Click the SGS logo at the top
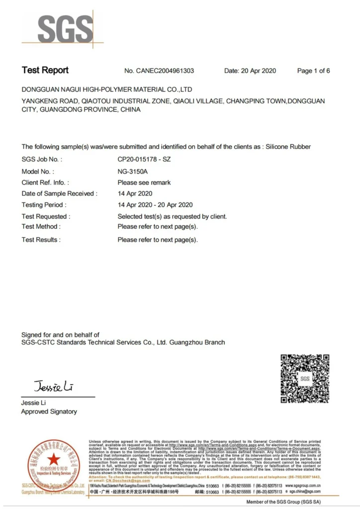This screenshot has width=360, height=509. tap(65, 29)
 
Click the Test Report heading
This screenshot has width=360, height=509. tap(45, 71)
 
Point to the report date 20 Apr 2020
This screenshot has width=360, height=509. tap(258, 71)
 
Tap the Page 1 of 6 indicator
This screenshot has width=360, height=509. tap(313, 71)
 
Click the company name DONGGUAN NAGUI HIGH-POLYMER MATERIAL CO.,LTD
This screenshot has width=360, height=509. tap(107, 89)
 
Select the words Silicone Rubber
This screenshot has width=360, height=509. tap(288, 147)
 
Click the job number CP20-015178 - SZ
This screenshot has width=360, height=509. tap(144, 160)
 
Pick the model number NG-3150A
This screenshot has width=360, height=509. tap(132, 171)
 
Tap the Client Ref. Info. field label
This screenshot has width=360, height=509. tap(45, 182)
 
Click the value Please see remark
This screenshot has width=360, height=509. tap(144, 182)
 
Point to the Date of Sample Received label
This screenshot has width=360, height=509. tap(59, 193)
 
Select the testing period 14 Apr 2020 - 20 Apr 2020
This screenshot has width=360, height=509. tap(155, 205)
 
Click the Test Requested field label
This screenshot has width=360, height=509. tap(46, 216)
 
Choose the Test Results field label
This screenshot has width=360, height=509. tap(41, 240)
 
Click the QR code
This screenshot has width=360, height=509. tap(305, 379)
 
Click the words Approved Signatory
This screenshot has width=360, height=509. tap(49, 412)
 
